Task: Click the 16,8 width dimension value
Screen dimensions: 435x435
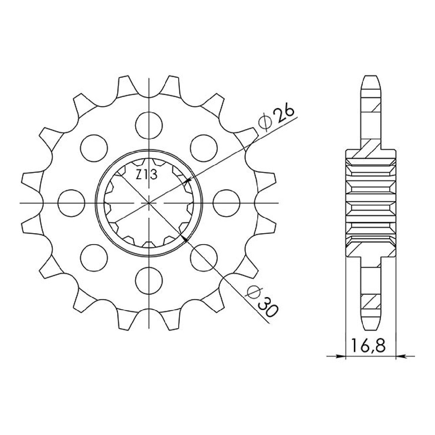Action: [368, 351]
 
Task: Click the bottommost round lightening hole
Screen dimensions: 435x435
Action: [149, 281]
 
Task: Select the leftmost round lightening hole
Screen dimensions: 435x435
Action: [71, 203]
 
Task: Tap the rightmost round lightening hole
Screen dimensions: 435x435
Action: [226, 203]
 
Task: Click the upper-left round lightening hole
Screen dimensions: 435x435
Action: [94, 148]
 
